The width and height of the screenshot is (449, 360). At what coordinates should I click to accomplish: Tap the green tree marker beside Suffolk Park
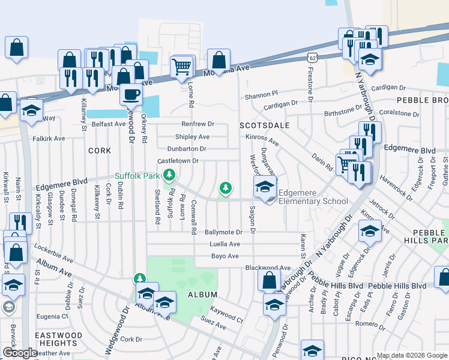click(x=170, y=175)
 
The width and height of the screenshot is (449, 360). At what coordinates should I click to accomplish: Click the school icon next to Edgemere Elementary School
click(x=265, y=187)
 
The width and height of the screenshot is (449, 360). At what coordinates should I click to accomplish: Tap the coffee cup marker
click(x=131, y=94)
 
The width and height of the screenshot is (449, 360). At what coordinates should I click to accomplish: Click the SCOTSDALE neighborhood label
click(x=265, y=126)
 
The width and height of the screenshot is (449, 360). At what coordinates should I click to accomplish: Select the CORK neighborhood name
click(x=100, y=150)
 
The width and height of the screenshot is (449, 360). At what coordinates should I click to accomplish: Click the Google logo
click(x=19, y=353)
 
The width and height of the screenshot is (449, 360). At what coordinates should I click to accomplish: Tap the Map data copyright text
click(x=411, y=355)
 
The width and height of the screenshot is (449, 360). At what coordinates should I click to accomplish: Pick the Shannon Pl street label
click(x=261, y=94)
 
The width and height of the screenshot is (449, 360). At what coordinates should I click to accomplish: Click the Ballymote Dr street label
click(x=223, y=232)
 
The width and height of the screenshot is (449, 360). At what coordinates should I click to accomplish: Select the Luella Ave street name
click(x=224, y=244)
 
